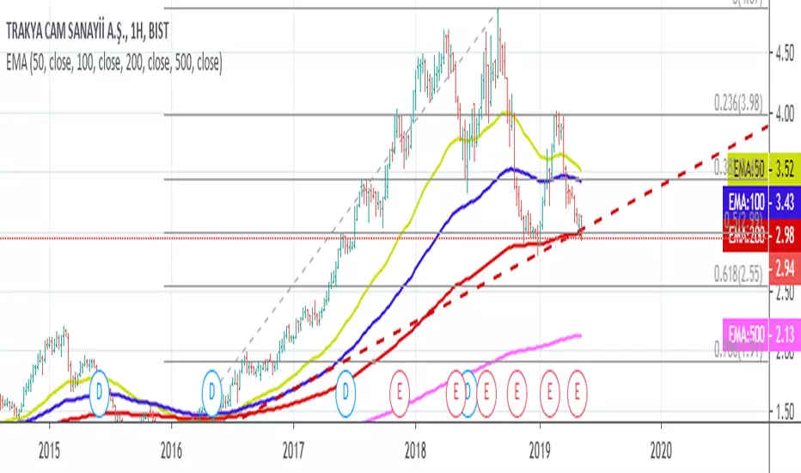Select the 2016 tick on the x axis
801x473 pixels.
point(172,448)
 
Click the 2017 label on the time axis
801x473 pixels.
point(294,448)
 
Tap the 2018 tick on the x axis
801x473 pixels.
point(416,448)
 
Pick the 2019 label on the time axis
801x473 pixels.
point(539,448)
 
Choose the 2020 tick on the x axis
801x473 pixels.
point(661,448)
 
